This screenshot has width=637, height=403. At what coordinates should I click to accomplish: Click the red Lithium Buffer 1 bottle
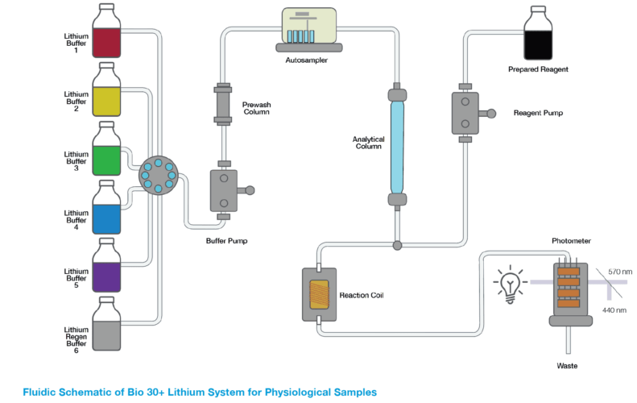click(106, 31)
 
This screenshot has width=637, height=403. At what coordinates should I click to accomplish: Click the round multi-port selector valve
click(159, 175)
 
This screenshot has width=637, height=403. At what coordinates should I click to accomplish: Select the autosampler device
click(309, 30)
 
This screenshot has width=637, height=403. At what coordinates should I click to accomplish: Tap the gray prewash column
click(222, 103)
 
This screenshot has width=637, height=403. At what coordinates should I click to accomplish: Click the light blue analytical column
click(397, 147)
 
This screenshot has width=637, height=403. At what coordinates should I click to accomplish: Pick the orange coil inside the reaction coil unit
click(319, 294)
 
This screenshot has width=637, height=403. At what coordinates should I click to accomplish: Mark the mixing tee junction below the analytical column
click(397, 245)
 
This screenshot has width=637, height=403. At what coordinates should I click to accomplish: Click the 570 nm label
click(620, 272)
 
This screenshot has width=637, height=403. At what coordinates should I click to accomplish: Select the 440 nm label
click(614, 310)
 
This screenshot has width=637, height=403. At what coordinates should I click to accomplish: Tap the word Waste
click(567, 366)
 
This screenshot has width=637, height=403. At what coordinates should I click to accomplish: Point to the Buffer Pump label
click(226, 241)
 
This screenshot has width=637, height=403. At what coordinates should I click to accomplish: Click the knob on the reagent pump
click(491, 114)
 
